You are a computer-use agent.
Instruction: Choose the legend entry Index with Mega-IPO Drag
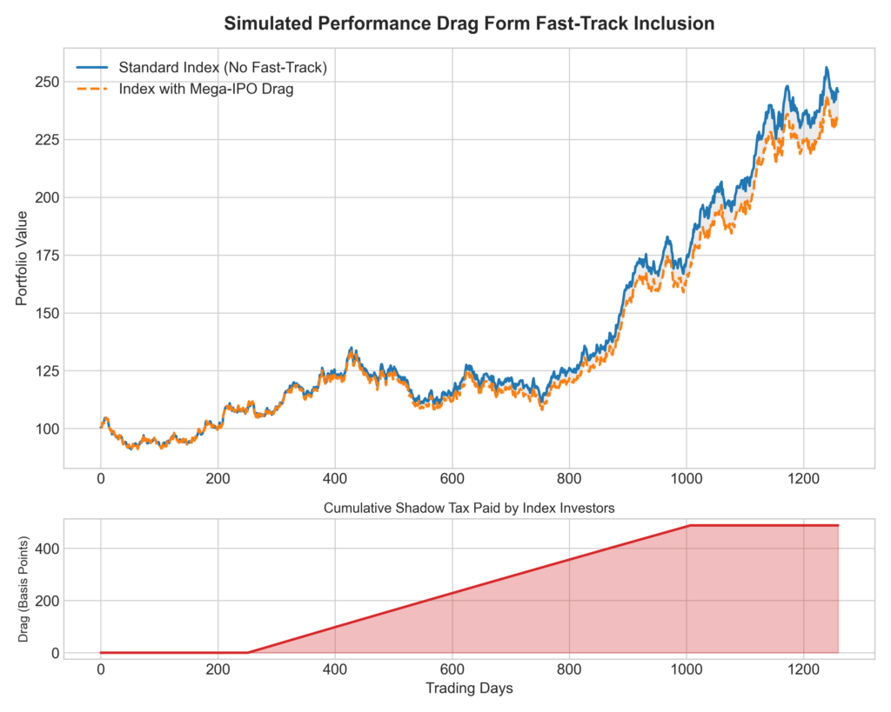tap(206, 90)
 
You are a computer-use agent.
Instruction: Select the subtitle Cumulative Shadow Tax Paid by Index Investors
tap(469, 508)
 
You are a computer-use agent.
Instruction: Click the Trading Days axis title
tap(469, 689)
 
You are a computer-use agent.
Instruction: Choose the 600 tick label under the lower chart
tap(452, 669)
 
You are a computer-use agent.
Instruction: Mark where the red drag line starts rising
tap(248, 652)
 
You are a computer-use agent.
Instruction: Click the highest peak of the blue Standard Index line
tap(827, 68)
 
